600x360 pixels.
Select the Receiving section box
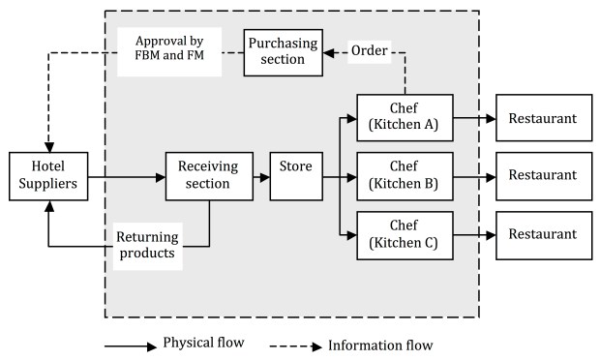point(208,177)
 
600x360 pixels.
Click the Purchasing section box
point(281,50)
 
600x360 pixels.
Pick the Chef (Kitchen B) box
point(405,177)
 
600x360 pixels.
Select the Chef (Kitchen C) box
point(405,235)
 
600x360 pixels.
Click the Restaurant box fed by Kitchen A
point(543,118)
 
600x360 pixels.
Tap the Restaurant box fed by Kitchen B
point(543,177)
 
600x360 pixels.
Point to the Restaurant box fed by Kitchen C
point(543,235)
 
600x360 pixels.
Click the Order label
point(369,50)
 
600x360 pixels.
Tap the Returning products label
point(146,246)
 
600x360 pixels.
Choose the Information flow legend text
point(379,344)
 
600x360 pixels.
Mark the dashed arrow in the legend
point(294,345)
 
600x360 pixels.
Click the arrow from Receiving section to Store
point(260,177)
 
